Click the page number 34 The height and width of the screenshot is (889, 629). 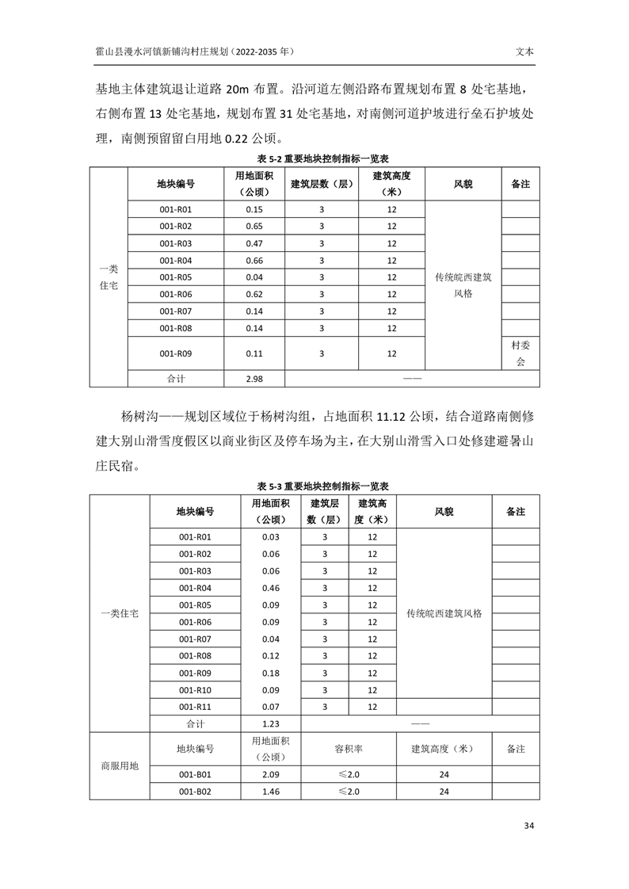point(529,826)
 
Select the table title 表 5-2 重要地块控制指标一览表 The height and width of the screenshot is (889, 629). point(314,158)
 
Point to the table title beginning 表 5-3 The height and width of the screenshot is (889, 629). point(314,486)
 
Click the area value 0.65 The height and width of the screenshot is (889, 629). point(254,227)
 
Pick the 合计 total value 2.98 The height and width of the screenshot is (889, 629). point(254,379)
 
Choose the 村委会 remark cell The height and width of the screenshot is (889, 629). point(520,353)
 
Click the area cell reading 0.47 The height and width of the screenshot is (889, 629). point(254,243)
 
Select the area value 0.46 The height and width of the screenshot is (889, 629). point(271,588)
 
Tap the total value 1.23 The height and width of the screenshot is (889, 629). point(271,723)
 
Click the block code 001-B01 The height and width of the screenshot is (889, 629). point(195,774)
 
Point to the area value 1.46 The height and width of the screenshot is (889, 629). point(271,792)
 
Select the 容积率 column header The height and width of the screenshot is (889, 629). point(349,749)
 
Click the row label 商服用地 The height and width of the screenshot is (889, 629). point(120,766)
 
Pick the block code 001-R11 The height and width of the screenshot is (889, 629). point(195,707)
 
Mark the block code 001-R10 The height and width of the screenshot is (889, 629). point(195,690)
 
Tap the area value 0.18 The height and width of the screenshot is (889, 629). point(271,673)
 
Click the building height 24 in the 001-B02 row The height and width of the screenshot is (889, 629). point(444,792)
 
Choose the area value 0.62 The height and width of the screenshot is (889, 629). point(254,294)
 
